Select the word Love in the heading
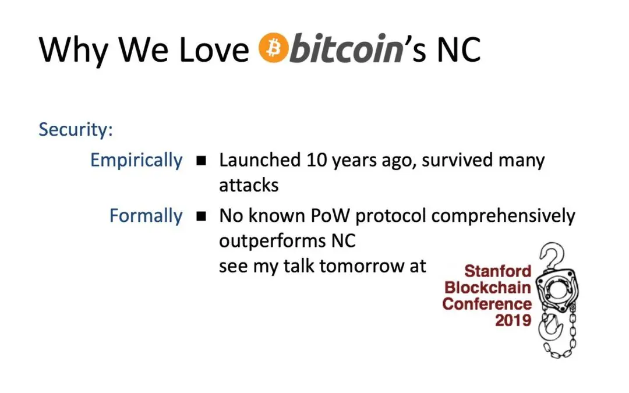click(214, 50)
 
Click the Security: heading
click(76, 129)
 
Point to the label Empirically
click(136, 161)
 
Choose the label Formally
click(146, 216)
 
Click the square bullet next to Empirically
click(202, 161)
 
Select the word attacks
click(249, 185)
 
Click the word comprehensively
click(503, 217)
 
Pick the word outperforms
click(273, 242)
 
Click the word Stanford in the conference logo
click(498, 271)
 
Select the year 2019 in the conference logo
click(513, 320)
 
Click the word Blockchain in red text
click(487, 288)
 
